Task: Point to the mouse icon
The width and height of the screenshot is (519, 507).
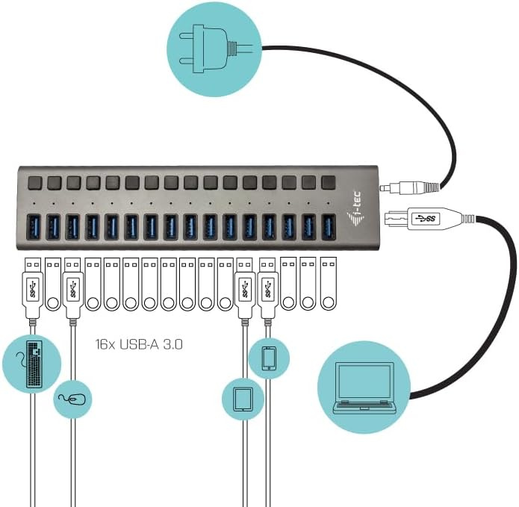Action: [x=73, y=399]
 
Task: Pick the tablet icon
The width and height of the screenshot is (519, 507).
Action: [x=243, y=399]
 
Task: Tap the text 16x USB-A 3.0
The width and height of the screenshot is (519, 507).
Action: [x=140, y=345]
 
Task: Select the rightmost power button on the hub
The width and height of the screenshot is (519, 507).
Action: [x=328, y=181]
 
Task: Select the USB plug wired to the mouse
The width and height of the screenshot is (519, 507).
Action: [x=73, y=287]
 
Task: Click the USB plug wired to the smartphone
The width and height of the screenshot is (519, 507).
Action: [x=268, y=287]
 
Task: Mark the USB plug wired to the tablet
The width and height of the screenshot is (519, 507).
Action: [x=243, y=287]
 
